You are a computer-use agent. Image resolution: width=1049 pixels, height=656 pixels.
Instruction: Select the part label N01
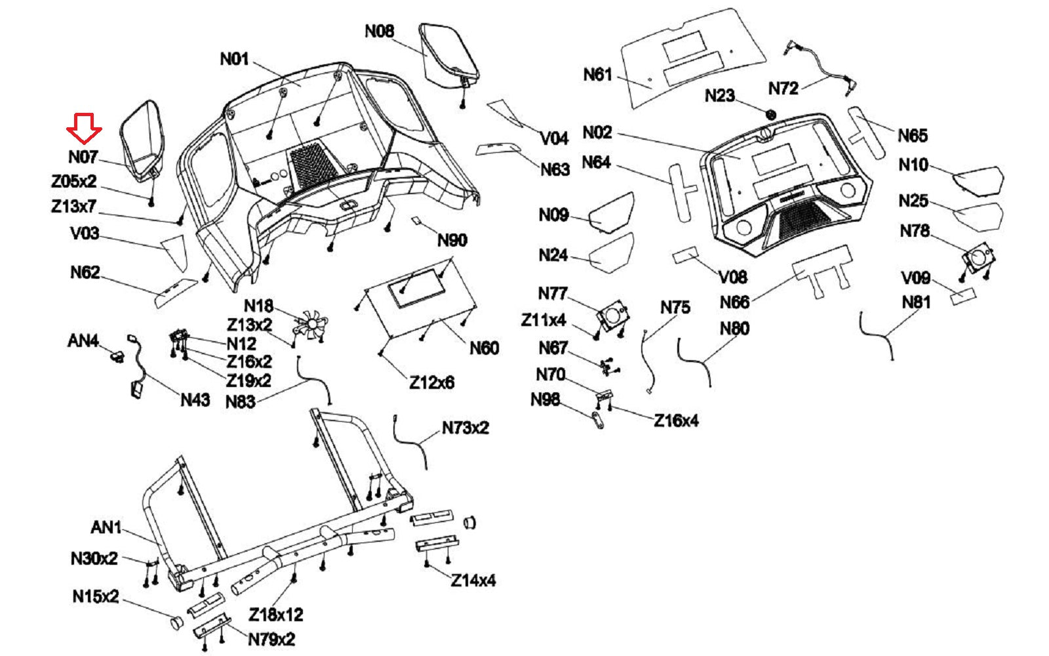234,59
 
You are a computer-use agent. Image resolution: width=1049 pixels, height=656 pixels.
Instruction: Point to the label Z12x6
431,382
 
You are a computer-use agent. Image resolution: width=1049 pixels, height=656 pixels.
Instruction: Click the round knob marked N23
771,115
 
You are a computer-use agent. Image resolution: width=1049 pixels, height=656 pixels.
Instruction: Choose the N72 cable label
783,88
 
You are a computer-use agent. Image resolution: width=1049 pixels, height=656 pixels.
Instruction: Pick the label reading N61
597,75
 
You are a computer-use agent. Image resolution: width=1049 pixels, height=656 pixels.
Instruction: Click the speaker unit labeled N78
977,257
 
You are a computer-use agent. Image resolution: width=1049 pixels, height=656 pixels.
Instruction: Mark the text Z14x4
473,581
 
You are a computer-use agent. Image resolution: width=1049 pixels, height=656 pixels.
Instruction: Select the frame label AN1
106,527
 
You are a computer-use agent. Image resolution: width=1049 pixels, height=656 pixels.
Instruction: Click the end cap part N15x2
177,621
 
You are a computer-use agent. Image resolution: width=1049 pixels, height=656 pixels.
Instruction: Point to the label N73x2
465,428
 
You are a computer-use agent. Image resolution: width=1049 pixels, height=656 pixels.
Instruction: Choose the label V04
554,138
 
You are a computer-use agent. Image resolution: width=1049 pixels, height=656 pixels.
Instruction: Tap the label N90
452,240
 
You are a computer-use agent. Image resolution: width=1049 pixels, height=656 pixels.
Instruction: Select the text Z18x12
276,615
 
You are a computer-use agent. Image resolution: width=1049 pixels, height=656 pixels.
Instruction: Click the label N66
734,302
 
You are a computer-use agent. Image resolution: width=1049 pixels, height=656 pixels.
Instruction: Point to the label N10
913,165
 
